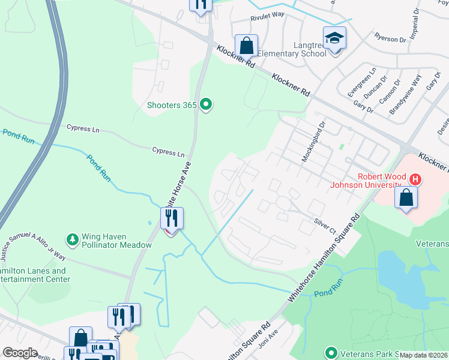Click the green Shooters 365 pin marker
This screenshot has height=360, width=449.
206,105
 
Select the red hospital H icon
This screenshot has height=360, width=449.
414,179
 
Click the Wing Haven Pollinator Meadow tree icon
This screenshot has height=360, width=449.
73,240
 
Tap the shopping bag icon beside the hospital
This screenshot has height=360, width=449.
406,198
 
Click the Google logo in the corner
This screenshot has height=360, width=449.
20,353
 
